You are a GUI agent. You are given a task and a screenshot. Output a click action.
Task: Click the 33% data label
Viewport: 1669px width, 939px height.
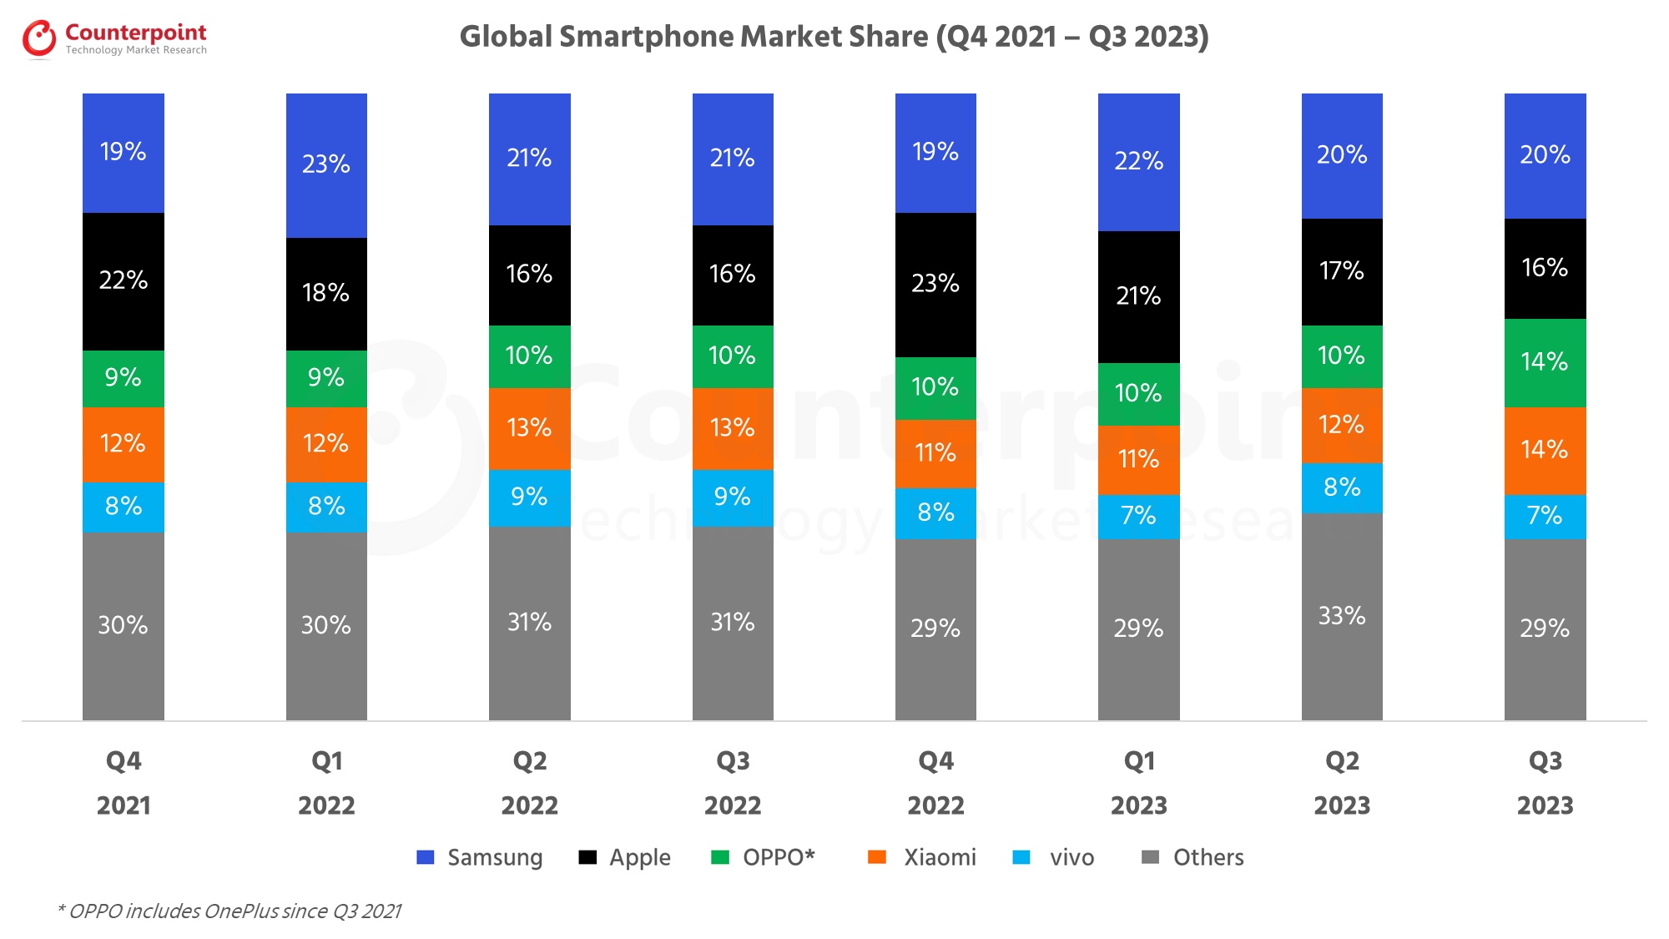1342,616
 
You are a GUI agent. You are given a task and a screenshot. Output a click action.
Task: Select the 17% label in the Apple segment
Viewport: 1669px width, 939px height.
1342,270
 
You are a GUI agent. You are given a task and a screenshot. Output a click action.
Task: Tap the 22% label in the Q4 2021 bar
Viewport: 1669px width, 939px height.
123,280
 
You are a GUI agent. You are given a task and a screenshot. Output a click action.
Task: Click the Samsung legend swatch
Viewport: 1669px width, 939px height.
426,857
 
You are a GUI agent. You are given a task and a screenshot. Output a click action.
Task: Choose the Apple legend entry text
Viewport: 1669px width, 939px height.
639,857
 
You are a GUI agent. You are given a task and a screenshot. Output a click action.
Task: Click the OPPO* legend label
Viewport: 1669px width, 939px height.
779,857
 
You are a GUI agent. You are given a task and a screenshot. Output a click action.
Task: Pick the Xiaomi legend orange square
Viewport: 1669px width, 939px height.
877,857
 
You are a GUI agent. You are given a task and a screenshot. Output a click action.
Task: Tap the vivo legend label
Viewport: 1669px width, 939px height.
1071,857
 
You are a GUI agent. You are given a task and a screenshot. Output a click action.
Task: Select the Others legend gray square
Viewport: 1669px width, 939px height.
1150,857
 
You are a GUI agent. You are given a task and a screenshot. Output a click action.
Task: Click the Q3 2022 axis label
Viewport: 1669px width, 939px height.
733,782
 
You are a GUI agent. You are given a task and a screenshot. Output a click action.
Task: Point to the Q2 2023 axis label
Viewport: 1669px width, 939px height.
1342,782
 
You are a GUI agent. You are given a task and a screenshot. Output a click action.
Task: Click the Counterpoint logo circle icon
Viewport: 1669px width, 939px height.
39,39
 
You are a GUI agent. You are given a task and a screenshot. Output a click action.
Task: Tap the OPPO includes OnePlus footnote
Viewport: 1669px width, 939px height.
229,911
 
